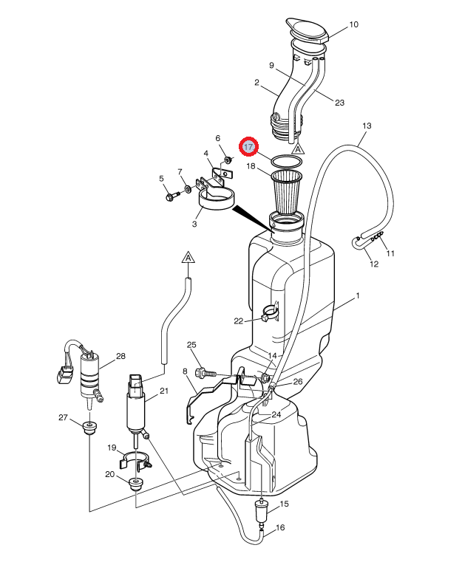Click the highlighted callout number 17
pyautogui.click(x=249, y=147)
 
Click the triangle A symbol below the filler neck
pyautogui.click(x=298, y=148)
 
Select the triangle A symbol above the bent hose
pyautogui.click(x=188, y=258)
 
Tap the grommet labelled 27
pyautogui.click(x=90, y=428)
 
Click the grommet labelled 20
pyautogui.click(x=136, y=484)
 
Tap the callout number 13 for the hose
pyautogui.click(x=367, y=126)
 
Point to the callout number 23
pyautogui.click(x=339, y=103)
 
